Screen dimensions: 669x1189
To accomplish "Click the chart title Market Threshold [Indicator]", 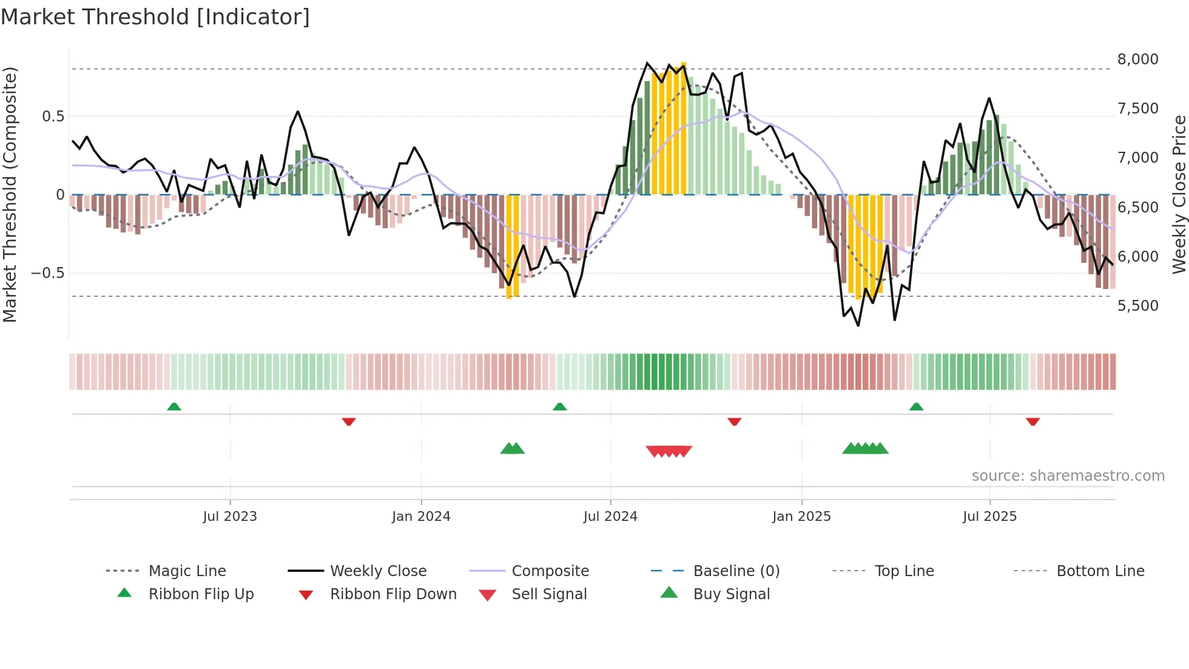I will (x=155, y=17).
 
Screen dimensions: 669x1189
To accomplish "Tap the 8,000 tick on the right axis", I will (x=1137, y=59).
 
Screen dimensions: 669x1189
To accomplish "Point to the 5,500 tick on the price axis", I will (x=1137, y=306).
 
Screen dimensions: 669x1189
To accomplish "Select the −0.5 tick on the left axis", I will (x=47, y=273).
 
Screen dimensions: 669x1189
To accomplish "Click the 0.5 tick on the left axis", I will (x=53, y=117).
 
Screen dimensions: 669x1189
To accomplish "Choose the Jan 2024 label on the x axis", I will (x=421, y=517).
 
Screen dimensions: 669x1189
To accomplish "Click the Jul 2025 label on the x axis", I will (x=989, y=517).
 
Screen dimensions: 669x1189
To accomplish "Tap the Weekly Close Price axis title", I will (x=1179, y=194).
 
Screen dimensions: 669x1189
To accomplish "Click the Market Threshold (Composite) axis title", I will (x=10, y=194).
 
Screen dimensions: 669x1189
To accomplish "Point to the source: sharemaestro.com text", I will (x=1068, y=476).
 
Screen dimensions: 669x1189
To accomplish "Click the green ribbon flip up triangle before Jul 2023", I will (x=174, y=407).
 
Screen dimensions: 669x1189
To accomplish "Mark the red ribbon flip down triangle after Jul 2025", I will (x=1032, y=421).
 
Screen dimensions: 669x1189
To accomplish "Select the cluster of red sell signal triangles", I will (x=669, y=451).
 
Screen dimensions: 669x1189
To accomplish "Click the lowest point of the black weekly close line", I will (x=858, y=325).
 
